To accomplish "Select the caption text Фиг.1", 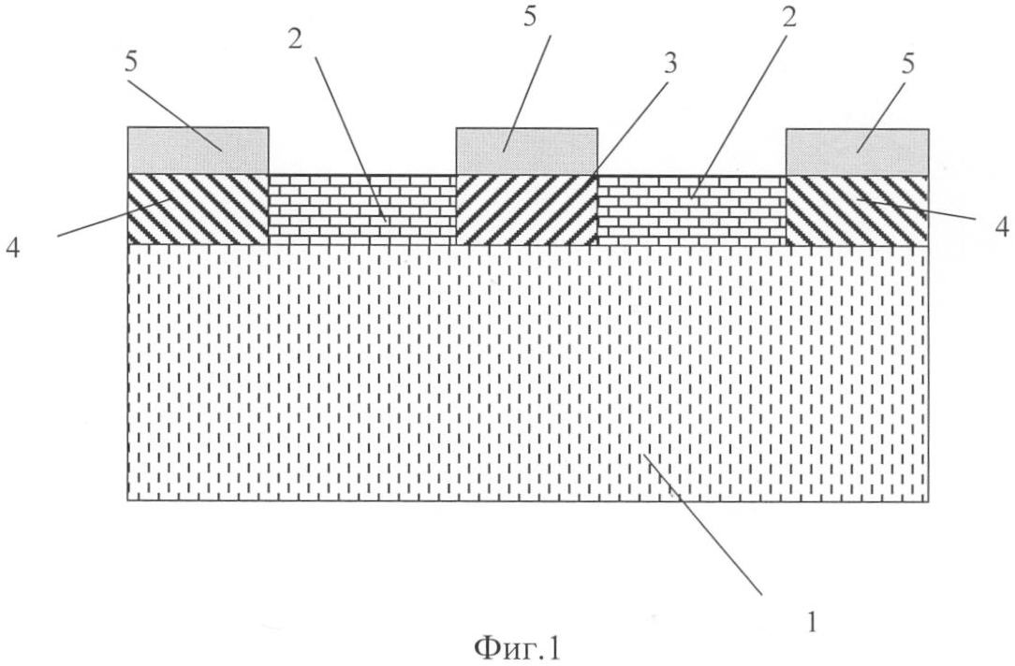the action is pyautogui.click(x=516, y=646).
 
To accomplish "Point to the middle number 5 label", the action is pyautogui.click(x=530, y=17).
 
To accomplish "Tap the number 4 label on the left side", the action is pyautogui.click(x=13, y=248).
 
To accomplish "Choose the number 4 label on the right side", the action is pyautogui.click(x=1001, y=227).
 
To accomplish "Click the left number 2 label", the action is pyautogui.click(x=295, y=40).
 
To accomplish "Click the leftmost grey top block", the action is pyautogui.click(x=199, y=151).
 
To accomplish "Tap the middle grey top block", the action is pyautogui.click(x=527, y=152).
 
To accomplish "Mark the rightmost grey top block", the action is pyautogui.click(x=857, y=152).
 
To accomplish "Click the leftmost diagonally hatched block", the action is pyautogui.click(x=199, y=210).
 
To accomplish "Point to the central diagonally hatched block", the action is pyautogui.click(x=527, y=210).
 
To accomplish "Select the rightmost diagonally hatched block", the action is pyautogui.click(x=857, y=210).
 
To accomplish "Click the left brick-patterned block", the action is pyautogui.click(x=362, y=210).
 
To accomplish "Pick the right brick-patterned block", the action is pyautogui.click(x=691, y=210).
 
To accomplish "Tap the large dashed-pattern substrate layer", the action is pyautogui.click(x=528, y=372).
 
